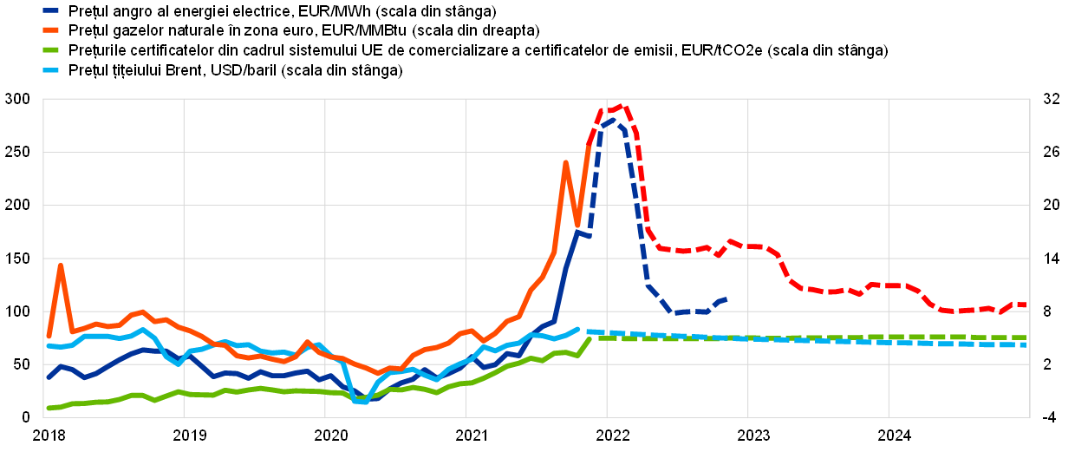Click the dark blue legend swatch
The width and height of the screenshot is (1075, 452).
(50, 10)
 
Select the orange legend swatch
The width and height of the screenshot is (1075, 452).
(50, 29)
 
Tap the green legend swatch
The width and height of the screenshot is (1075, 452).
(50, 49)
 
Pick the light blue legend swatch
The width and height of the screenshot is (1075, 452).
(50, 69)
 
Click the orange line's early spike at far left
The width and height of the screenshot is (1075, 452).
(60, 265)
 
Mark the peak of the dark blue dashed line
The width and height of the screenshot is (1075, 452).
(612, 121)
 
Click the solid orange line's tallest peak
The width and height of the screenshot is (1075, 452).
(565, 163)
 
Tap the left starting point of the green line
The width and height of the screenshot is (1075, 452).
(49, 408)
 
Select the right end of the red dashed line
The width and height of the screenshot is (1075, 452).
(1026, 305)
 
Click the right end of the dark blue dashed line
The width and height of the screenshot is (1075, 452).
(725, 299)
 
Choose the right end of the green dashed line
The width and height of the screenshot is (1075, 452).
(1026, 337)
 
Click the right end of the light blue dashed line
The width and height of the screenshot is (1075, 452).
(1026, 344)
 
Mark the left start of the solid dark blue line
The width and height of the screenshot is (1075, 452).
(49, 377)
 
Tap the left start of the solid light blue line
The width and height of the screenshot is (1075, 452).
(49, 346)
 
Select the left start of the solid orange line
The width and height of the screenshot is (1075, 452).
(49, 336)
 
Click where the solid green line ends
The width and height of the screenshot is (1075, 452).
(590, 338)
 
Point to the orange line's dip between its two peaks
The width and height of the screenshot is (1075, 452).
(577, 225)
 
